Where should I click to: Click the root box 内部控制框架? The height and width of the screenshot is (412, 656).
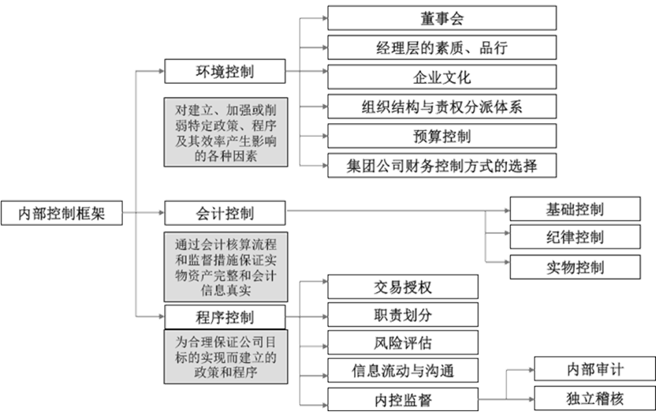tap(61, 213)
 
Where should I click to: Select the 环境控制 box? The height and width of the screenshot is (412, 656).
tap(225, 72)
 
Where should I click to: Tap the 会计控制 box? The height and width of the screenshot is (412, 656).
tap(225, 212)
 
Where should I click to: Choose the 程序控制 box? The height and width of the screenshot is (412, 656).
tap(225, 317)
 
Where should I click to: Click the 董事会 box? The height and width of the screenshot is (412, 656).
tap(442, 17)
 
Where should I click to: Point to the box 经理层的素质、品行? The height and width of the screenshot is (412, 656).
tap(442, 47)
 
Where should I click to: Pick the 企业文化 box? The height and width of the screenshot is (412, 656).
tap(442, 77)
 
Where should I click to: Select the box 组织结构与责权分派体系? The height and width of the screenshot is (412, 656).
tap(442, 106)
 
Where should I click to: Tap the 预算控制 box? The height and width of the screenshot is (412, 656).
tap(442, 136)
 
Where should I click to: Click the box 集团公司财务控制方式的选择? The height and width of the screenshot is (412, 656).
tap(442, 166)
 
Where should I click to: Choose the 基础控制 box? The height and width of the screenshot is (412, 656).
tap(575, 209)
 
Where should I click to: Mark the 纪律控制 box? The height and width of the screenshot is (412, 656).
tap(575, 237)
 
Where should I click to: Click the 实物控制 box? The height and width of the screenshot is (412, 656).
tap(575, 265)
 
